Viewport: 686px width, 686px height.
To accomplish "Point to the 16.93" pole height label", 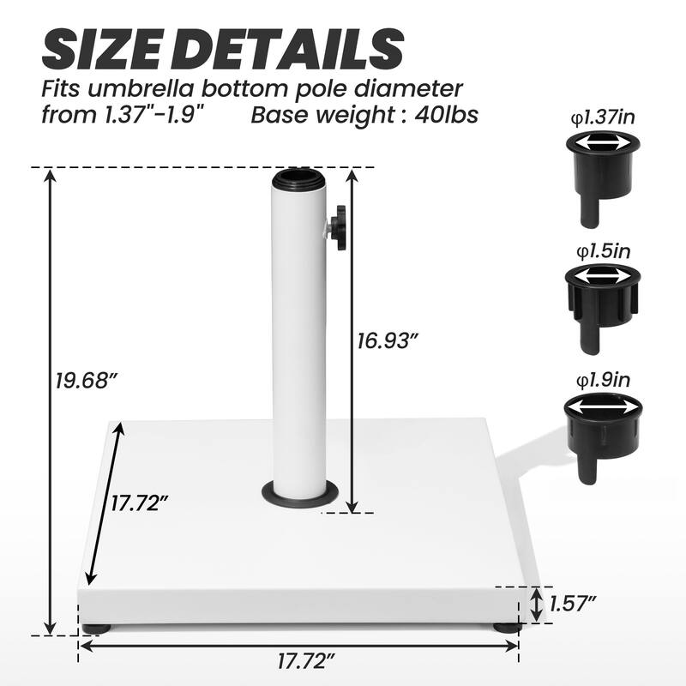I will (388, 340).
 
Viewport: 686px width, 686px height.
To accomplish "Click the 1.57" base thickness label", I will (573, 604).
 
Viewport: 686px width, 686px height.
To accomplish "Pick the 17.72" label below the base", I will (306, 660).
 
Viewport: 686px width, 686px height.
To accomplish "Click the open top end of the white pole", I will (297, 180).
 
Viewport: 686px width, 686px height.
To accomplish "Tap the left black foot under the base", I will (97, 628).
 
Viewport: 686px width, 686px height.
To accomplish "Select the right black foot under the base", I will (505, 628).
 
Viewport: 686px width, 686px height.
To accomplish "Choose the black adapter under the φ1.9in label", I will (603, 429).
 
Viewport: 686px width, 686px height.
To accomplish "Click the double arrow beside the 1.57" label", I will (535, 604).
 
